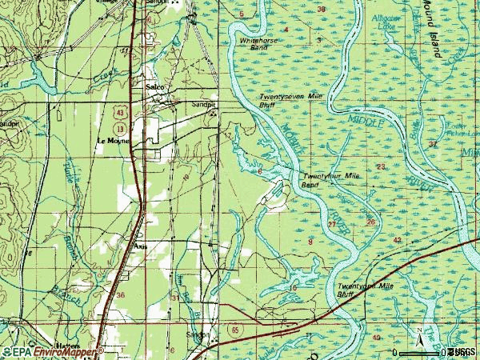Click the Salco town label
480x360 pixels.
tap(154, 87)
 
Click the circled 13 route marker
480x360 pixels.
tap(120, 128)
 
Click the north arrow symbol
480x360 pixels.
tap(418, 334)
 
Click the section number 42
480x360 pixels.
tap(397, 239)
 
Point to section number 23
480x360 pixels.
tap(381, 166)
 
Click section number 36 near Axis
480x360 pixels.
tap(120, 295)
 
